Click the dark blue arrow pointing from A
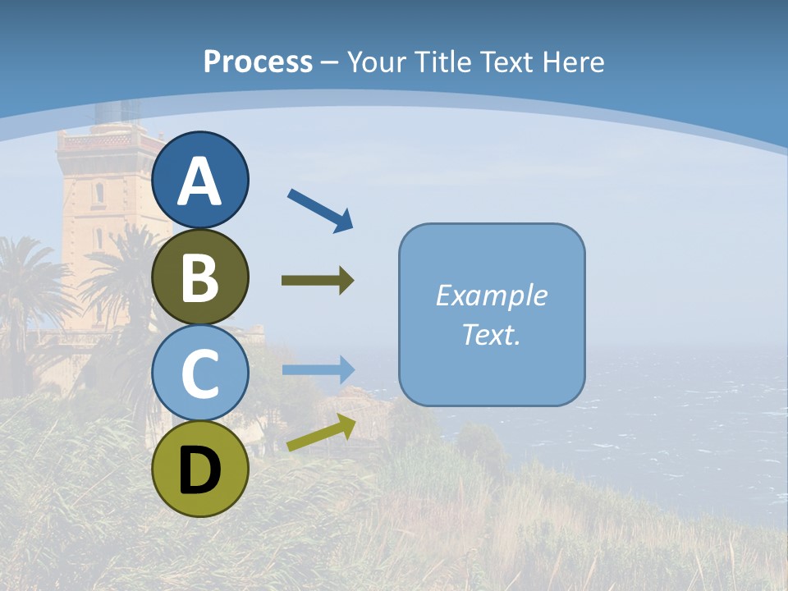(320, 210)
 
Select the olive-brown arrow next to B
(318, 281)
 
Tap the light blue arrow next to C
(318, 369)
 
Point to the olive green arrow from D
(321, 433)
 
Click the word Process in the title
(258, 62)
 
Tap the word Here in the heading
(572, 62)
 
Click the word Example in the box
(491, 295)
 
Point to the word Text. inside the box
(491, 334)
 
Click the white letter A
(200, 182)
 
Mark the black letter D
(200, 470)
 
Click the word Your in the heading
(376, 62)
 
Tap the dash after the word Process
(330, 62)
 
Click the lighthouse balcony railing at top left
(107, 141)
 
